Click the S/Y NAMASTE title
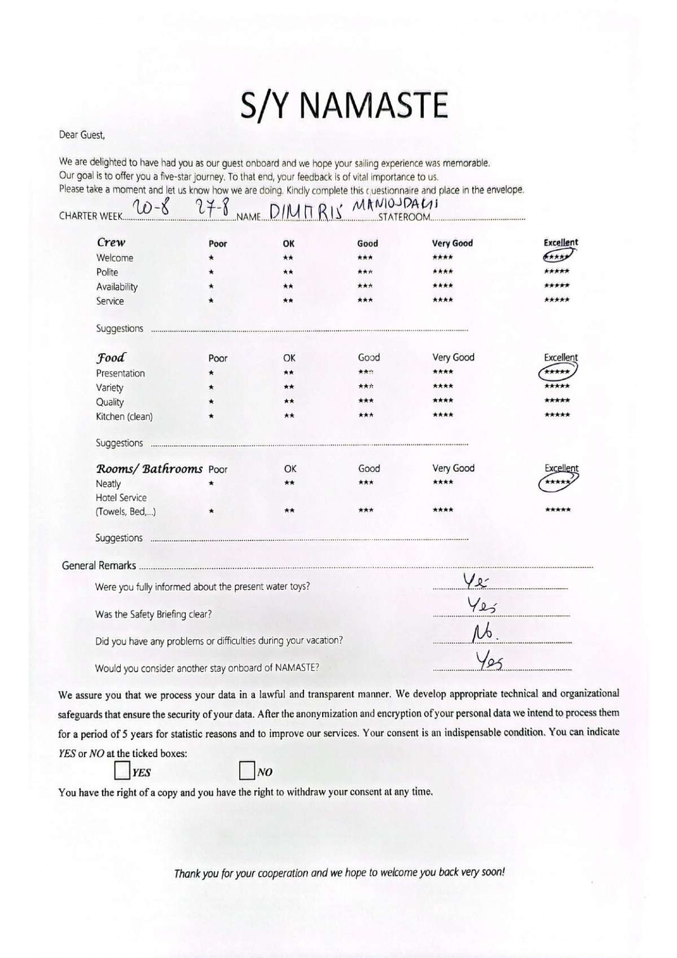(x=344, y=106)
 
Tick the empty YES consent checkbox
(x=122, y=771)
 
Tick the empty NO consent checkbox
(x=247, y=771)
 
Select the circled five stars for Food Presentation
(x=557, y=372)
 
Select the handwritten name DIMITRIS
(x=306, y=212)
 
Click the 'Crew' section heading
(x=111, y=242)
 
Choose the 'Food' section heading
(x=111, y=358)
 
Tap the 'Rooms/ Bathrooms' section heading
(x=150, y=469)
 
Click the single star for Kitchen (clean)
(x=211, y=416)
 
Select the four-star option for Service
(x=442, y=300)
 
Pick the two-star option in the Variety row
(x=288, y=387)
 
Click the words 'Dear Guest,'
(x=82, y=135)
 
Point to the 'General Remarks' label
(x=99, y=565)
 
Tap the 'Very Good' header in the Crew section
(x=452, y=243)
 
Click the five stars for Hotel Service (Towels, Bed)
(x=557, y=510)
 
